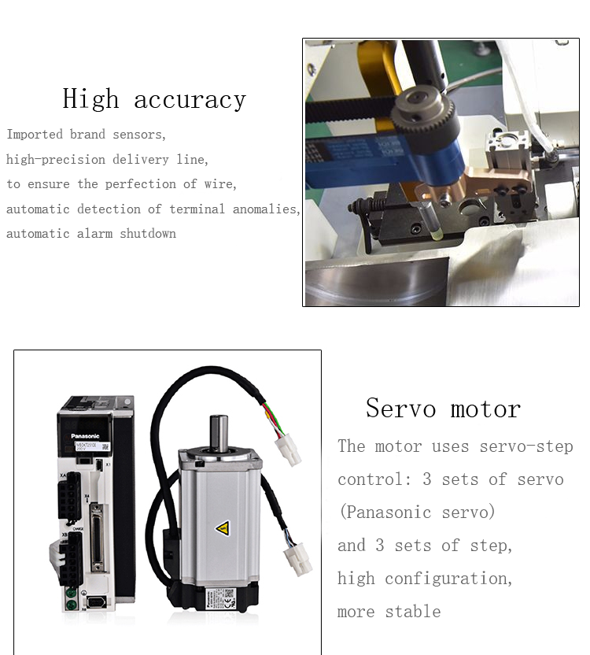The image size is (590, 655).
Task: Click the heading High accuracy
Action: point(154,99)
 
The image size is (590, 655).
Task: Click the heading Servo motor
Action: point(444,409)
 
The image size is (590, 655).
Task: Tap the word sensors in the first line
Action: point(139,135)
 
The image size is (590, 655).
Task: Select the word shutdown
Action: point(148,234)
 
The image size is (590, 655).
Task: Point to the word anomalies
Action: point(267,209)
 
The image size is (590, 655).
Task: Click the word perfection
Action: point(141,184)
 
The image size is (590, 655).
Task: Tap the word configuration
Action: point(448,579)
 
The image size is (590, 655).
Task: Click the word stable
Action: point(412,612)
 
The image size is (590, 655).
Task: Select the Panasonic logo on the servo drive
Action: point(85,436)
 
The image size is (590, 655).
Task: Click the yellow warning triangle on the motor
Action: point(223,528)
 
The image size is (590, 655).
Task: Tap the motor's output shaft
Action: point(219,432)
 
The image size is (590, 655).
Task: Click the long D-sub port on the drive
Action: point(97,538)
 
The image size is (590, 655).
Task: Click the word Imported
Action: point(35,135)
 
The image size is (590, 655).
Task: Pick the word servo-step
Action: point(526,446)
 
